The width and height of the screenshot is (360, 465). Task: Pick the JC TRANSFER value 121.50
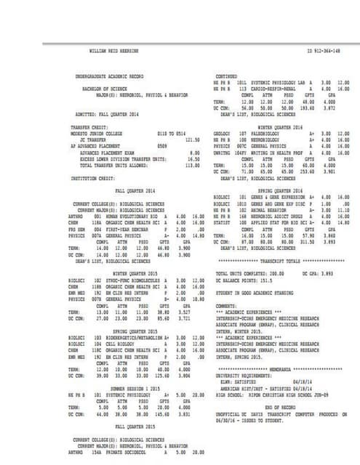(193, 139)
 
